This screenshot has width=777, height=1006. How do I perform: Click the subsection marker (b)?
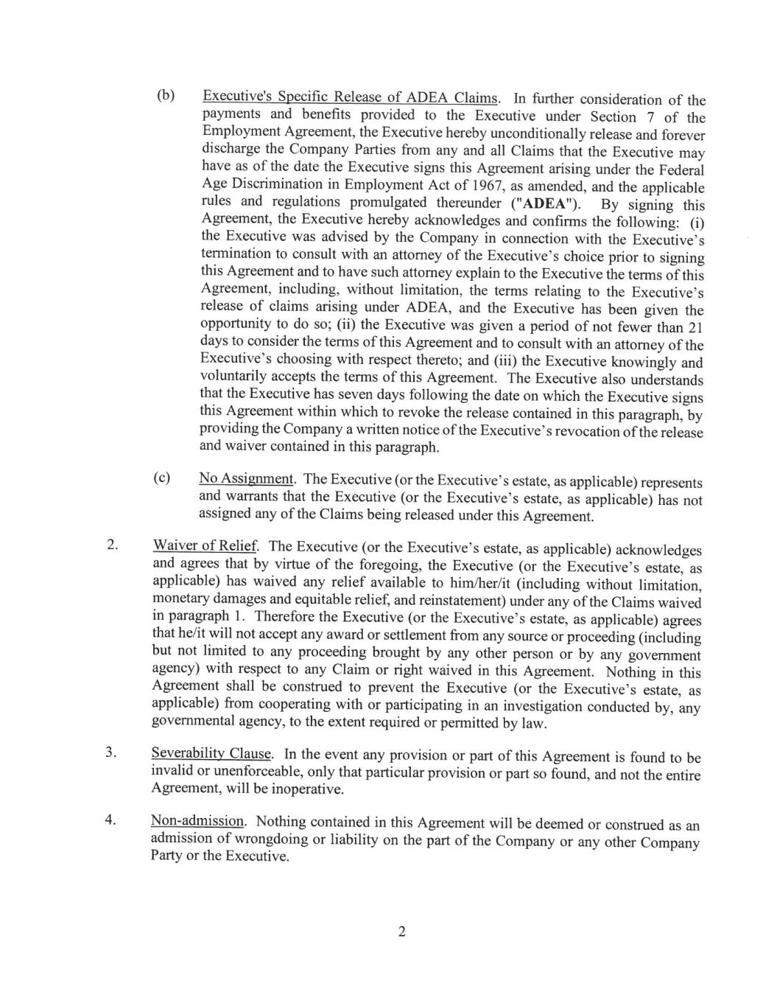tap(165, 96)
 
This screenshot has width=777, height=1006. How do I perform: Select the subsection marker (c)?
tap(162, 478)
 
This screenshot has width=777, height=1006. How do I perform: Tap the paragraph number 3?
tap(110, 752)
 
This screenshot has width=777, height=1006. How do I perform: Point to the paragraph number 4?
tap(110, 820)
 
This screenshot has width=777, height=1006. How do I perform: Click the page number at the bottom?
tap(401, 932)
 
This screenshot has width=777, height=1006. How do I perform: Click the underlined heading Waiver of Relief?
tap(205, 546)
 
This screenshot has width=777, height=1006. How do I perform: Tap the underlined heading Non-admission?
tap(197, 821)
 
